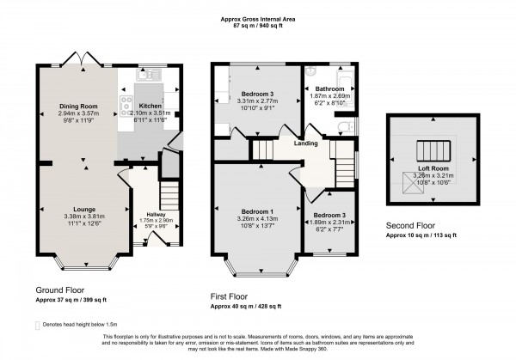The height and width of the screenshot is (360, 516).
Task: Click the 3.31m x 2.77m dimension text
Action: [258, 101]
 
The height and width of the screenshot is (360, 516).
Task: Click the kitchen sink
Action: [143, 76]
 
